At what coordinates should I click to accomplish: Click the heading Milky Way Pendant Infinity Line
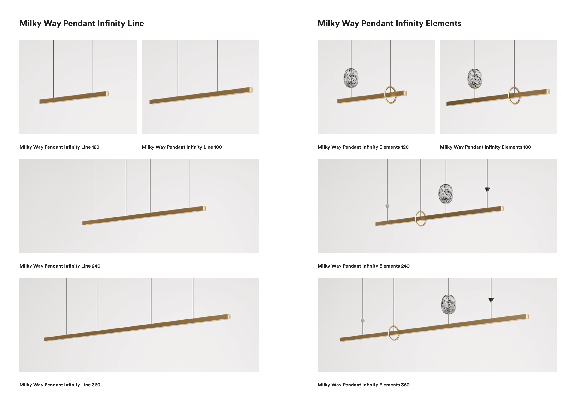tap(82, 23)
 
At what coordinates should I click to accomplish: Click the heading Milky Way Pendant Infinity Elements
tap(389, 23)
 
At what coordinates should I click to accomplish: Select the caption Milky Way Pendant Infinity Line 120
tap(59, 147)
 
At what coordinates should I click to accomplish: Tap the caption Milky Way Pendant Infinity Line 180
tap(182, 147)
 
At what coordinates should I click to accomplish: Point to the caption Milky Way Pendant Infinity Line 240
tap(60, 266)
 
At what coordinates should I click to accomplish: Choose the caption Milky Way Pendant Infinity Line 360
tap(60, 385)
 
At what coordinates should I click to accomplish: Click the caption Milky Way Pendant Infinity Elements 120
tap(363, 147)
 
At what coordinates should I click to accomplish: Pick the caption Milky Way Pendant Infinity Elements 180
tap(485, 147)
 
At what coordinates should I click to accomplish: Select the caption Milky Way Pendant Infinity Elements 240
tap(364, 266)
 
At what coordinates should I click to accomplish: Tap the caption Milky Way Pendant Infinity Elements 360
tap(364, 385)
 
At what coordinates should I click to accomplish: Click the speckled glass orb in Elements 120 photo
tap(351, 78)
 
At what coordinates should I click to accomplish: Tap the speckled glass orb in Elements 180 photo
tap(475, 79)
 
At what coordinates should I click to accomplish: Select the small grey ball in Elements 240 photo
tap(387, 206)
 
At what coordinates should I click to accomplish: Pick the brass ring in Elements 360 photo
tap(389, 333)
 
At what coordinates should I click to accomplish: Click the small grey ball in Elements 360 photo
tap(363, 321)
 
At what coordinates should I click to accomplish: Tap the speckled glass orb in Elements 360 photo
tap(448, 304)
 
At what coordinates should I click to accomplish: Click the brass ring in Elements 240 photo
tap(416, 219)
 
